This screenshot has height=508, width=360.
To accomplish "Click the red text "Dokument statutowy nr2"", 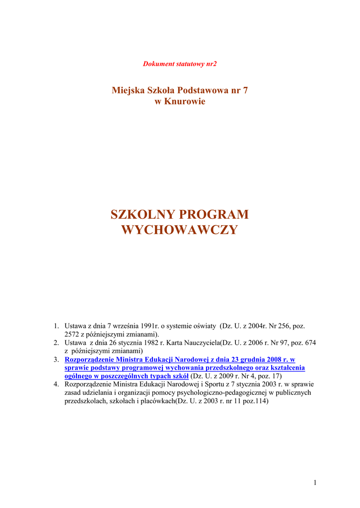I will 180,64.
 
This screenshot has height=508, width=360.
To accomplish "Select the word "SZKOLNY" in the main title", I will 142,215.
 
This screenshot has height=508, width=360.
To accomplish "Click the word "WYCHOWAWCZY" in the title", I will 180,230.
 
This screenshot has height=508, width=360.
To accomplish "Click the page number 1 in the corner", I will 315,483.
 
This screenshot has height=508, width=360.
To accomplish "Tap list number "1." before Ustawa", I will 57,326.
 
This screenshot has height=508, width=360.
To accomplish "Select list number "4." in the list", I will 57,384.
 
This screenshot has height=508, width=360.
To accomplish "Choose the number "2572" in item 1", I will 72,334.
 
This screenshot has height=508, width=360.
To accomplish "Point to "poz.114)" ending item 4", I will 255,401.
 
